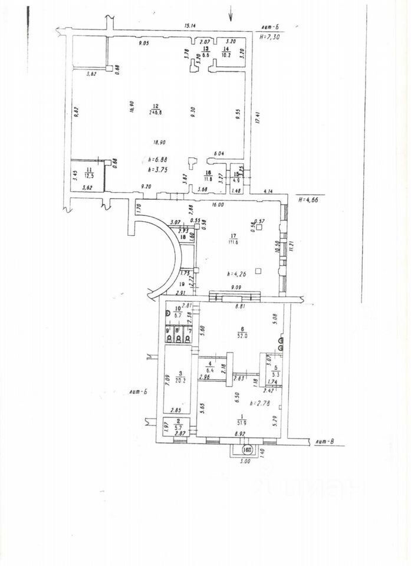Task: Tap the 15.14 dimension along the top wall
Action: pyautogui.click(x=189, y=26)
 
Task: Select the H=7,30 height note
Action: pyautogui.click(x=271, y=37)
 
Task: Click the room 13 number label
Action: pyautogui.click(x=206, y=50)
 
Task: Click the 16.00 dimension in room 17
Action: pyautogui.click(x=218, y=205)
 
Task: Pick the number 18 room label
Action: pyautogui.click(x=183, y=237)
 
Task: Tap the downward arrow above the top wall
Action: pyautogui.click(x=231, y=14)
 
